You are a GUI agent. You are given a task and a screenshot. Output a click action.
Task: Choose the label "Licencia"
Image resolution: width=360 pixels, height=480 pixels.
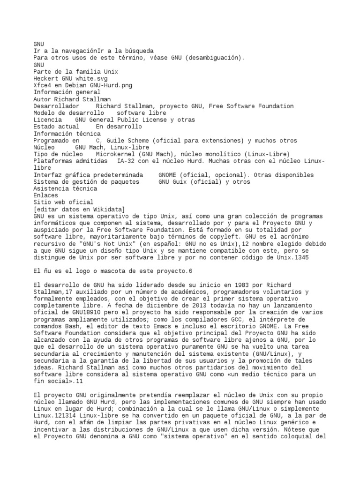48,120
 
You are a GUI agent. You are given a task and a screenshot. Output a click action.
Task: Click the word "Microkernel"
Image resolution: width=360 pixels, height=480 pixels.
117,154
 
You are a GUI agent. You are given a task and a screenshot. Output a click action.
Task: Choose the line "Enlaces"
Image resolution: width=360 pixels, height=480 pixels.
46,195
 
